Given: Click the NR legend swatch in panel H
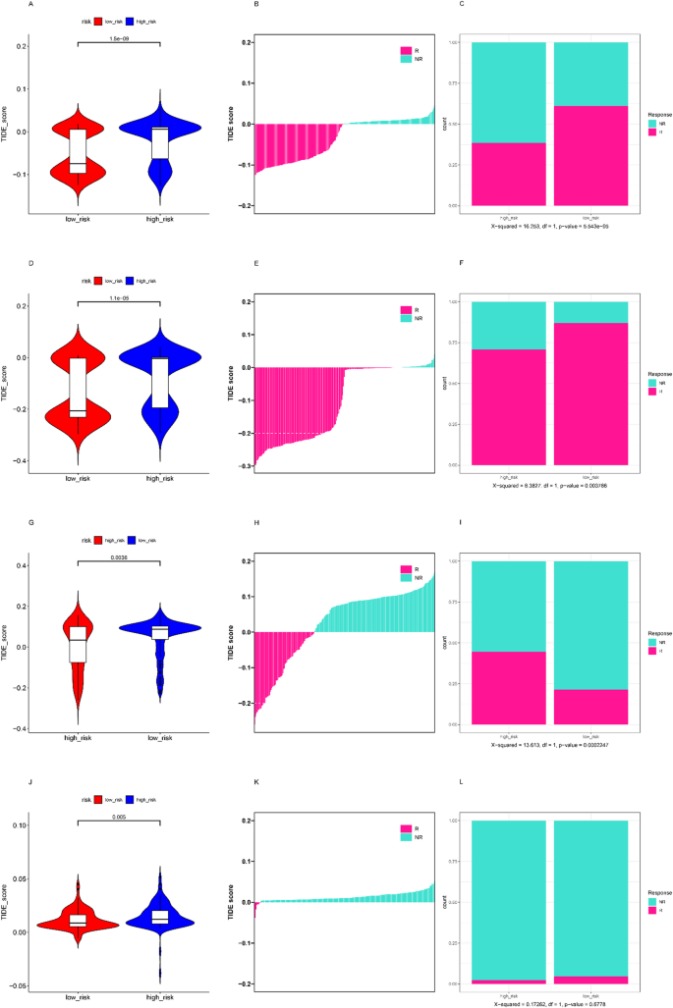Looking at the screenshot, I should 406,579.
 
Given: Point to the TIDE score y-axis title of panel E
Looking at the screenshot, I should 232,384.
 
